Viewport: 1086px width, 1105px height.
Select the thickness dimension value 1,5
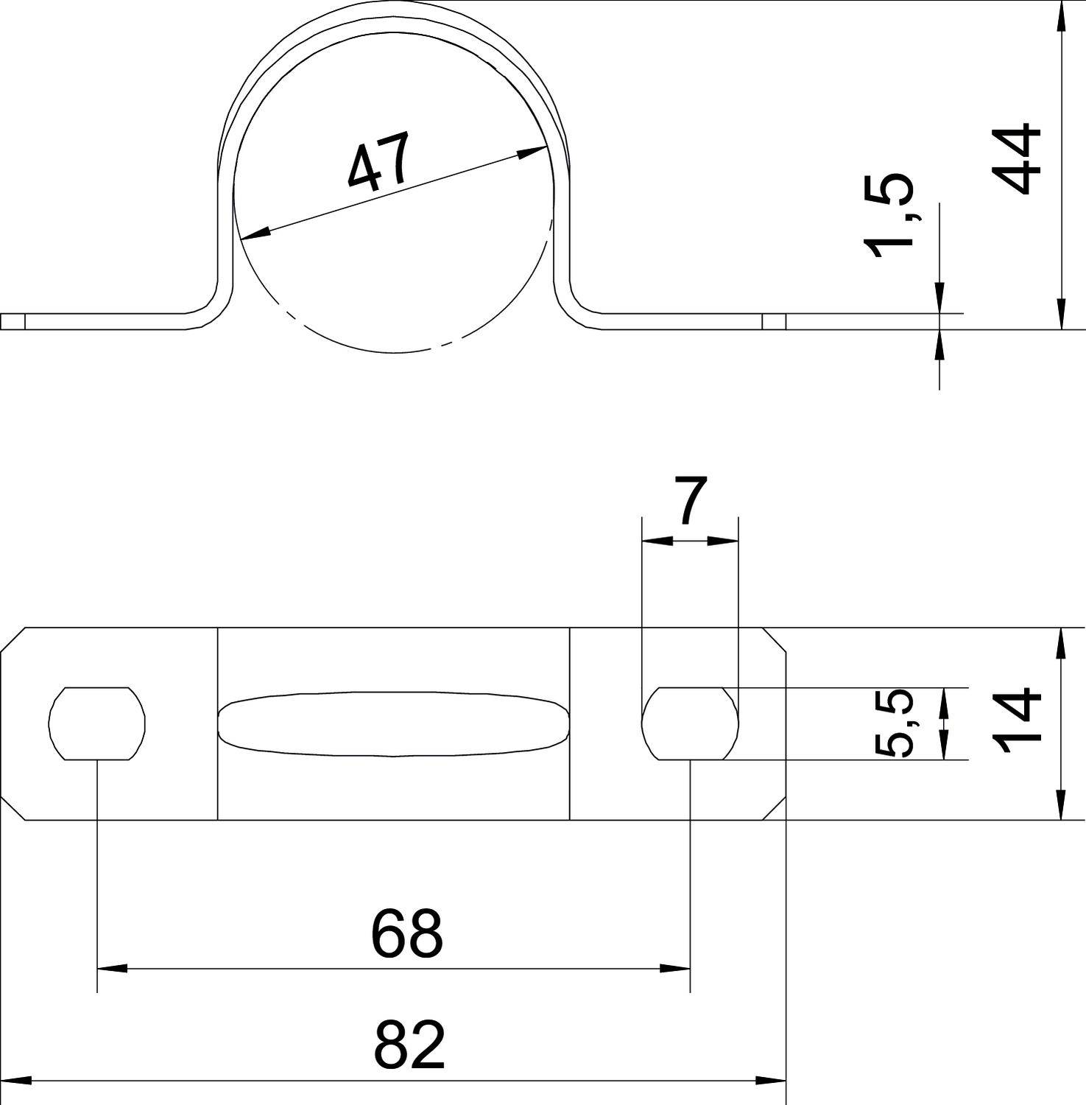(x=889, y=217)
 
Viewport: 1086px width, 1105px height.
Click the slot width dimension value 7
(x=691, y=502)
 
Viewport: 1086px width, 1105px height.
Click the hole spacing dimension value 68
(x=406, y=934)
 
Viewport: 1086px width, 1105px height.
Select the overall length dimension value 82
(x=409, y=1045)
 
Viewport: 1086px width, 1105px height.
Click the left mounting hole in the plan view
(x=97, y=723)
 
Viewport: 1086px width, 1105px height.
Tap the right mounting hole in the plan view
(x=690, y=723)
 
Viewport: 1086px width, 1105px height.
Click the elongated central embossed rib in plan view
(x=394, y=723)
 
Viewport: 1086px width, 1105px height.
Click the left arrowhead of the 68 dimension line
(x=110, y=968)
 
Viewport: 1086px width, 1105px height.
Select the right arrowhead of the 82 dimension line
(x=772, y=1081)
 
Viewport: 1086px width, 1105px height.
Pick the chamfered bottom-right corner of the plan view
(x=774, y=807)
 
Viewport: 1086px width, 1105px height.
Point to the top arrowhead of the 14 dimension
(x=1060, y=642)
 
